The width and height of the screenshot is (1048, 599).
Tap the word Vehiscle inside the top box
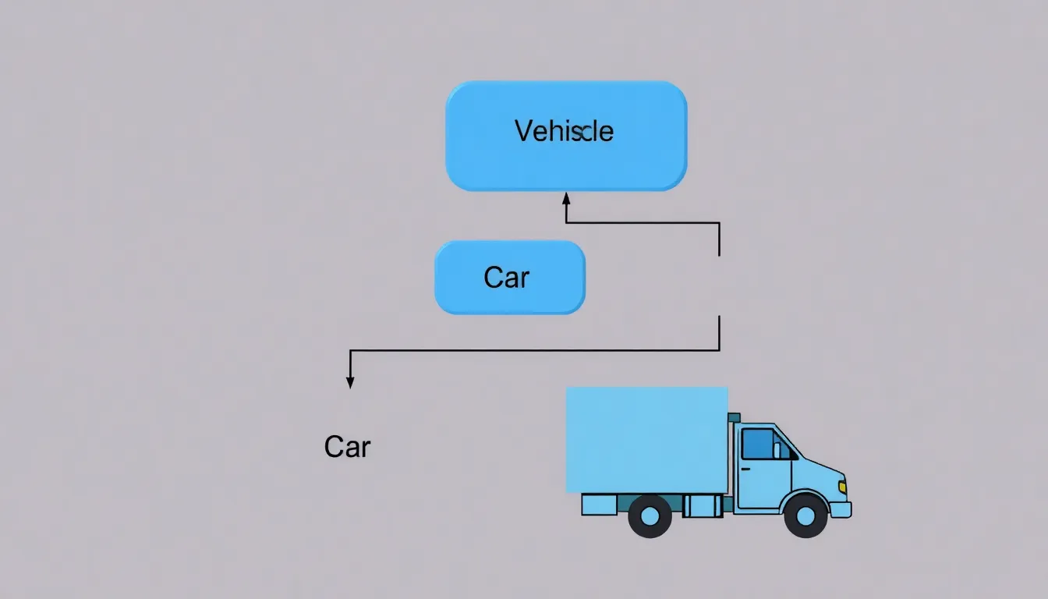coord(564,131)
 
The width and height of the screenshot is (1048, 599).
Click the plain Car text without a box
coord(347,447)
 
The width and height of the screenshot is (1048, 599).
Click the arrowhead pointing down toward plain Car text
coord(350,381)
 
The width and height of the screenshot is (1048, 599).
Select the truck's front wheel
coord(805,516)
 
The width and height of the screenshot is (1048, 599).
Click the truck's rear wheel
coord(650,516)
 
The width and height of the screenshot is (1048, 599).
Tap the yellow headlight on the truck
coord(842,487)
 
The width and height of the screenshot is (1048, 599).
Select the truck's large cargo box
coord(646,440)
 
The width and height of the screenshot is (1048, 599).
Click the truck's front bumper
coord(840,509)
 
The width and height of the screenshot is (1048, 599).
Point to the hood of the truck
coord(819,471)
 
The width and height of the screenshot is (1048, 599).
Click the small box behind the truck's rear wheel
coord(598,505)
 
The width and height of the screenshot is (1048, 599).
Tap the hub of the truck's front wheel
coord(805,516)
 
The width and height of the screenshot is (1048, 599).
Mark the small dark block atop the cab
coord(734,418)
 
